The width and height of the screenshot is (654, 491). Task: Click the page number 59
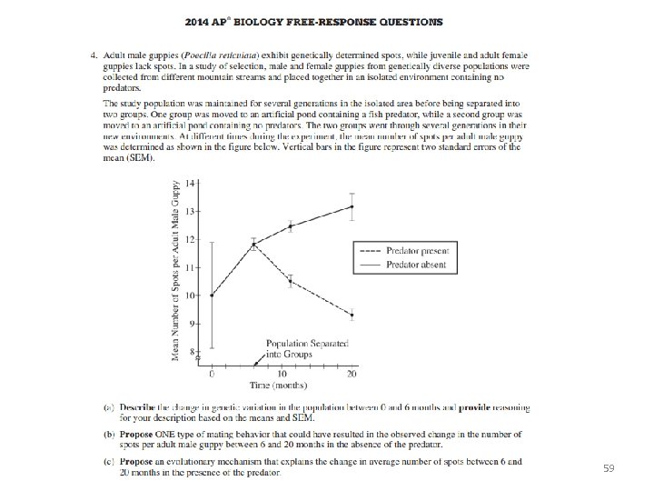pos(609,468)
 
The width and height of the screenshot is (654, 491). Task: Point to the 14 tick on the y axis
pos(190,183)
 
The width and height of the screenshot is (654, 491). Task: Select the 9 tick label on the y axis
pos(191,324)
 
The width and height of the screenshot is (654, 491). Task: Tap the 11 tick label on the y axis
pos(190,267)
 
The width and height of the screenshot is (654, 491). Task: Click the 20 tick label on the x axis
pos(352,375)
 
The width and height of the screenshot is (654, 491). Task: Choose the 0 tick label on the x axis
pos(212,375)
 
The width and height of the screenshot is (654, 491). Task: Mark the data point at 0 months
pos(212,296)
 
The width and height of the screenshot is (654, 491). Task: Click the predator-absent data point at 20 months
pos(352,206)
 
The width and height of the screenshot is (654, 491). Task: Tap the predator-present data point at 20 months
pos(352,315)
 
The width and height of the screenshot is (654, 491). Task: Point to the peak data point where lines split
pos(253,244)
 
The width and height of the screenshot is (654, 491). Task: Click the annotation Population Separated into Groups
pos(294,347)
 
